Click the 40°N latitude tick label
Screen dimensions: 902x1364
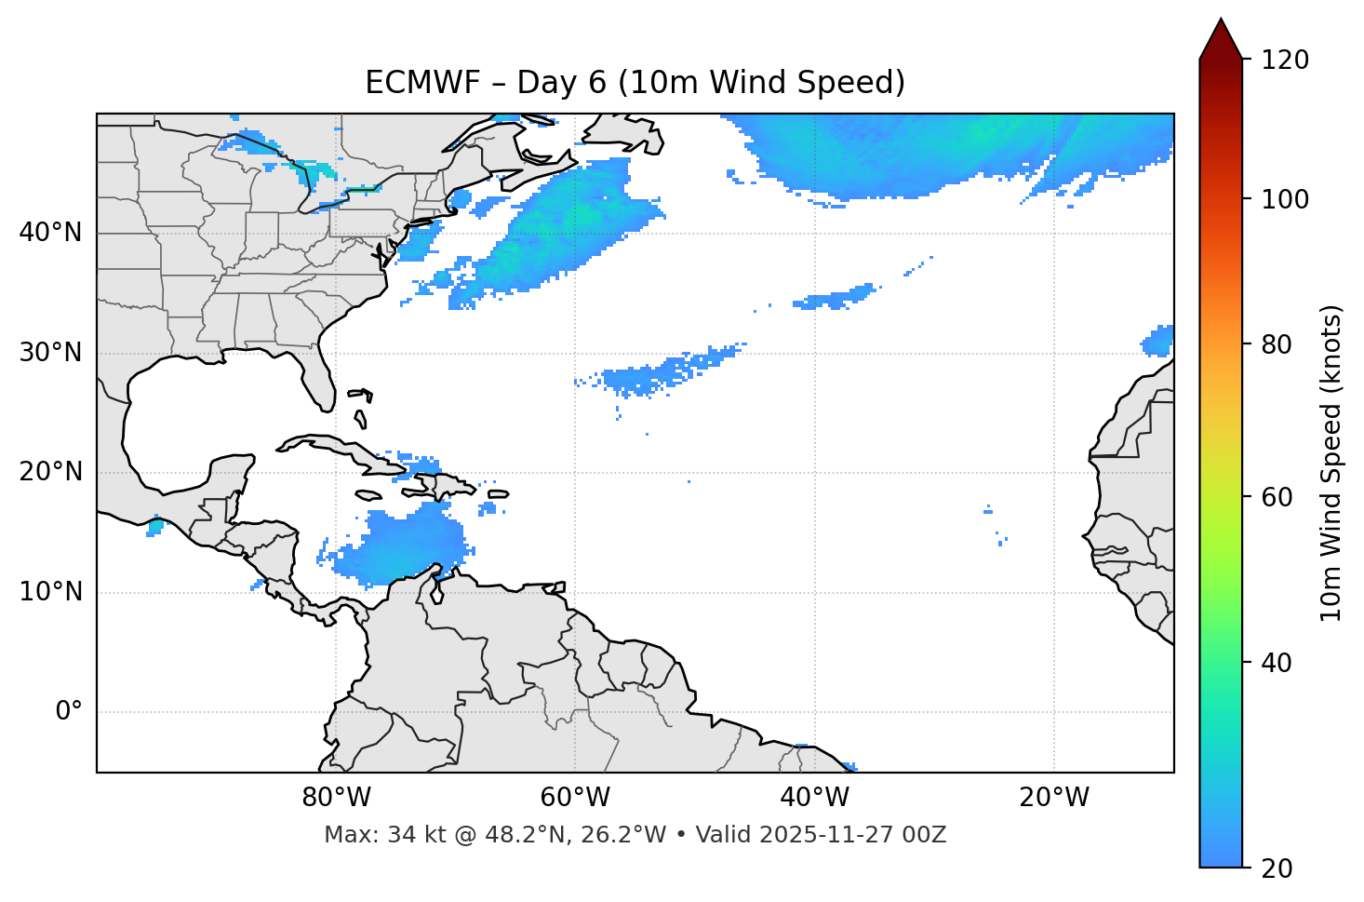click(50, 232)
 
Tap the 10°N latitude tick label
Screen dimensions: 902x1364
click(50, 592)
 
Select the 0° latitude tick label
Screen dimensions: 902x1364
click(69, 712)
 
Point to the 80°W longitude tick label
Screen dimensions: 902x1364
click(336, 798)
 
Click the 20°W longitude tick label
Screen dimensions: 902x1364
click(1054, 798)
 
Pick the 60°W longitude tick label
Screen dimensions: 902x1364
click(575, 798)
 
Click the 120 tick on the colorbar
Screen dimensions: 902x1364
click(1285, 60)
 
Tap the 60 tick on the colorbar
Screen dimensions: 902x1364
click(1277, 497)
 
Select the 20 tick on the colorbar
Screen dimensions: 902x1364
click(1277, 868)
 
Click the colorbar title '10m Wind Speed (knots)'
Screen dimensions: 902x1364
click(1331, 463)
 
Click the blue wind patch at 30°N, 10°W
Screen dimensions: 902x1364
click(1159, 342)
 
